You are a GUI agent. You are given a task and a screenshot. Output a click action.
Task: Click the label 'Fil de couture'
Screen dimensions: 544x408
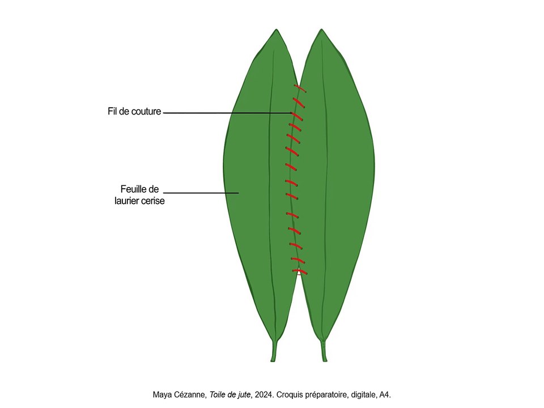pyautogui.click(x=134, y=112)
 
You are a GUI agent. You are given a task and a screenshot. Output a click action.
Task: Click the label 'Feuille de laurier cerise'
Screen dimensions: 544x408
pyautogui.click(x=139, y=195)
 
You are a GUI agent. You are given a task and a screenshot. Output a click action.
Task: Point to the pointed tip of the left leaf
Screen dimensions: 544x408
pyautogui.click(x=276, y=29)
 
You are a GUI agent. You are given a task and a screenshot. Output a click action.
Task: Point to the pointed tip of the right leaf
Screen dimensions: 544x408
pyautogui.click(x=322, y=29)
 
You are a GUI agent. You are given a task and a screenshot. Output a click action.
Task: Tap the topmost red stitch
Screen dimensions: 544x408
pyautogui.click(x=300, y=88)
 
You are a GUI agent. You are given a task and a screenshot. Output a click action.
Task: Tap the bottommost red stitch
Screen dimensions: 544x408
pyautogui.click(x=300, y=272)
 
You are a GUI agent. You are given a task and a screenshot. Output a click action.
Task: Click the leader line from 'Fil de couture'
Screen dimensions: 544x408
pyautogui.click(x=227, y=113)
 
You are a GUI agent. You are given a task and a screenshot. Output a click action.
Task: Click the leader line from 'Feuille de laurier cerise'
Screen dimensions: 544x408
pyautogui.click(x=201, y=193)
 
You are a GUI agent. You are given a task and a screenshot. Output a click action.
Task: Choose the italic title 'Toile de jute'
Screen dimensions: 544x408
pyautogui.click(x=229, y=395)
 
